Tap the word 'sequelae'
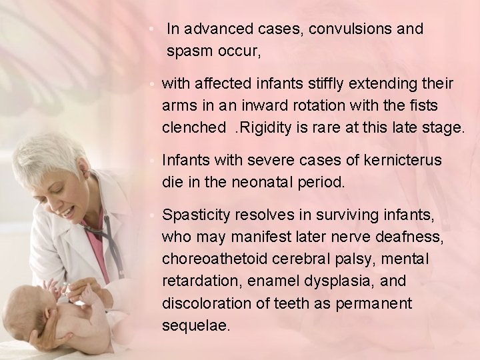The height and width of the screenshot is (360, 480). pos(195,325)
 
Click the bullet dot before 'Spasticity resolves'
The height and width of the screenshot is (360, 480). pos(153,216)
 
